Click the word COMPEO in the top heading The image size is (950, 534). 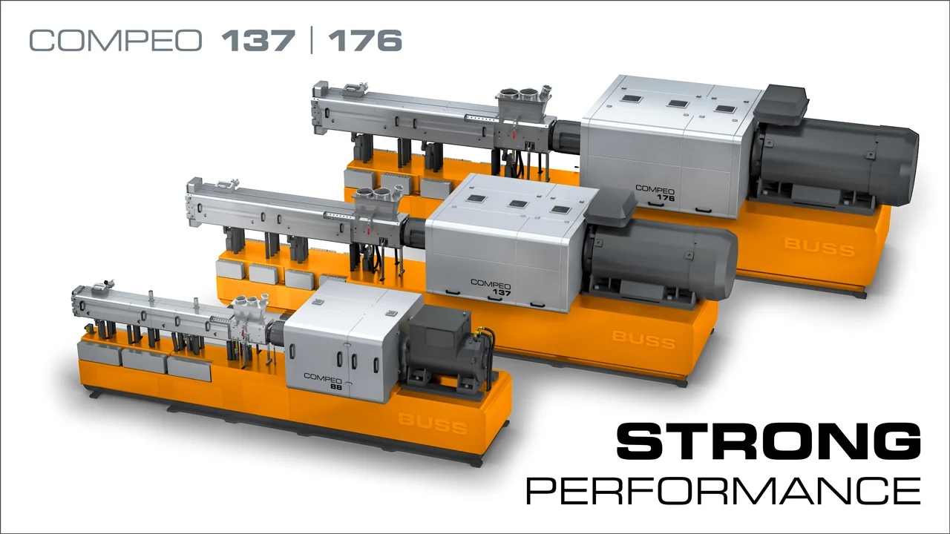pos(116,41)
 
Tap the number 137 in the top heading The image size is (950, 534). pos(258,41)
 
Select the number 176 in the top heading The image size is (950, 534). pos(364,41)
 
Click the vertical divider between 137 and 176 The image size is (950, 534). pos(312,40)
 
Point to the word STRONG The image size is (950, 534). pos(768,441)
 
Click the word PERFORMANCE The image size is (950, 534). pos(724,490)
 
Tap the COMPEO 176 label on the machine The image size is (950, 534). pos(655,193)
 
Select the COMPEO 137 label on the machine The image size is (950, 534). pos(491,287)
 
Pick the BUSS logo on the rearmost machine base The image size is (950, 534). pos(819,248)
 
